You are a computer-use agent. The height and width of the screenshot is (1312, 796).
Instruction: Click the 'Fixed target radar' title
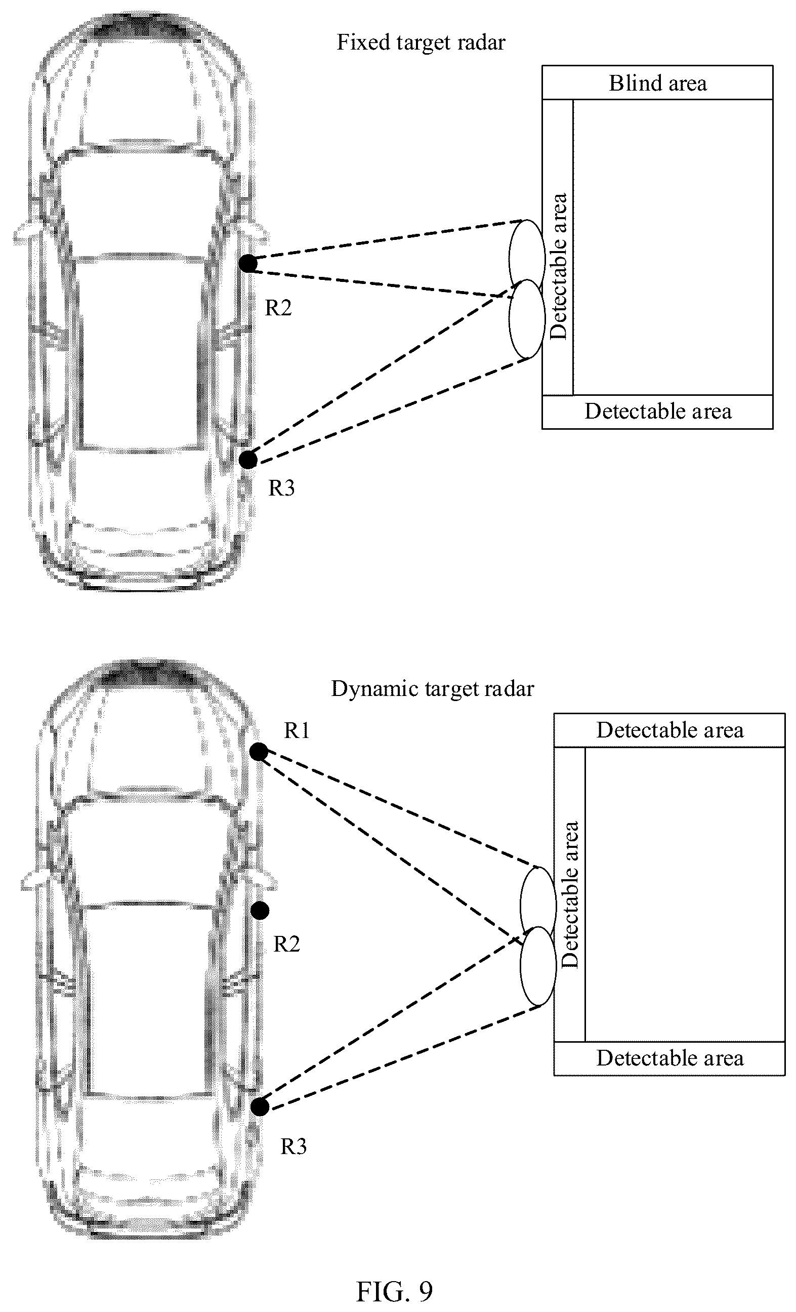[421, 43]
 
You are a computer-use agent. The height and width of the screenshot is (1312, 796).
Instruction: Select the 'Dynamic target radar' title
[432, 689]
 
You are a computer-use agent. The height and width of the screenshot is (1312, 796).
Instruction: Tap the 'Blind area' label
[657, 83]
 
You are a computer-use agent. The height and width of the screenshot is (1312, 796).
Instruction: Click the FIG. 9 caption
[394, 1291]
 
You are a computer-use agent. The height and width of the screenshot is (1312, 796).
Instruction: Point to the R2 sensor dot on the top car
[247, 264]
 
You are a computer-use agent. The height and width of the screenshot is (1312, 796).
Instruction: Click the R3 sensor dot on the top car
[247, 459]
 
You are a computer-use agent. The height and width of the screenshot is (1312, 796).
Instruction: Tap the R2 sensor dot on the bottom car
[260, 911]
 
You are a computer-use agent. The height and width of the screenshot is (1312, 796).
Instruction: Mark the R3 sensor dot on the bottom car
[260, 1106]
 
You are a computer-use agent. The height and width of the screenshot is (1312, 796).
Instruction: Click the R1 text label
[297, 730]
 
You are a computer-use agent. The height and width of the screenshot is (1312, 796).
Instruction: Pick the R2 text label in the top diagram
[278, 308]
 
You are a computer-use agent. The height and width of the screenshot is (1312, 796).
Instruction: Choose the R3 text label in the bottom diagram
[294, 1146]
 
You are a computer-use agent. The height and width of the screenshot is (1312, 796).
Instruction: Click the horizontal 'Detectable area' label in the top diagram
[658, 412]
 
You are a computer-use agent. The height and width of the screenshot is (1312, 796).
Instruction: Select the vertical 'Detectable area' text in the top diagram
[559, 266]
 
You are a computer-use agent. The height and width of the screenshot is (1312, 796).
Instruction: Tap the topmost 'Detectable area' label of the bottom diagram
[670, 730]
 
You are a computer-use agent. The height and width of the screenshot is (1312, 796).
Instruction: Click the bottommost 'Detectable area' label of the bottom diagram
[670, 1058]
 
